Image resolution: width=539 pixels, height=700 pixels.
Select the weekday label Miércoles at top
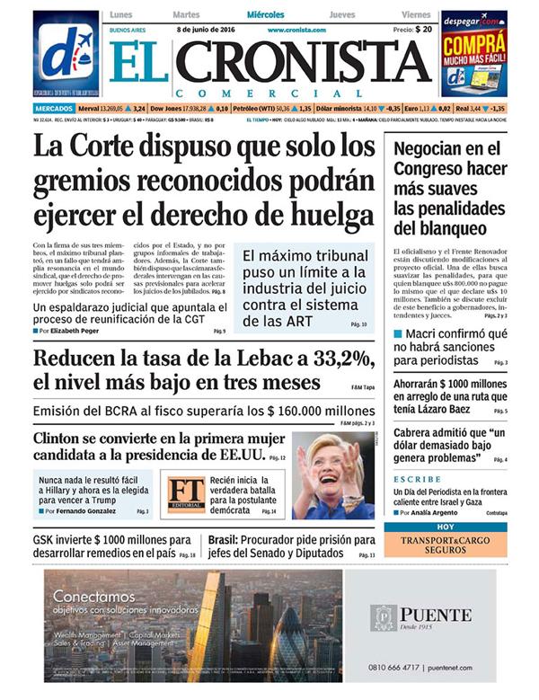tap(266, 15)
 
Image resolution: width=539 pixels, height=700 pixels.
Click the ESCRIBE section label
tap(417, 479)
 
